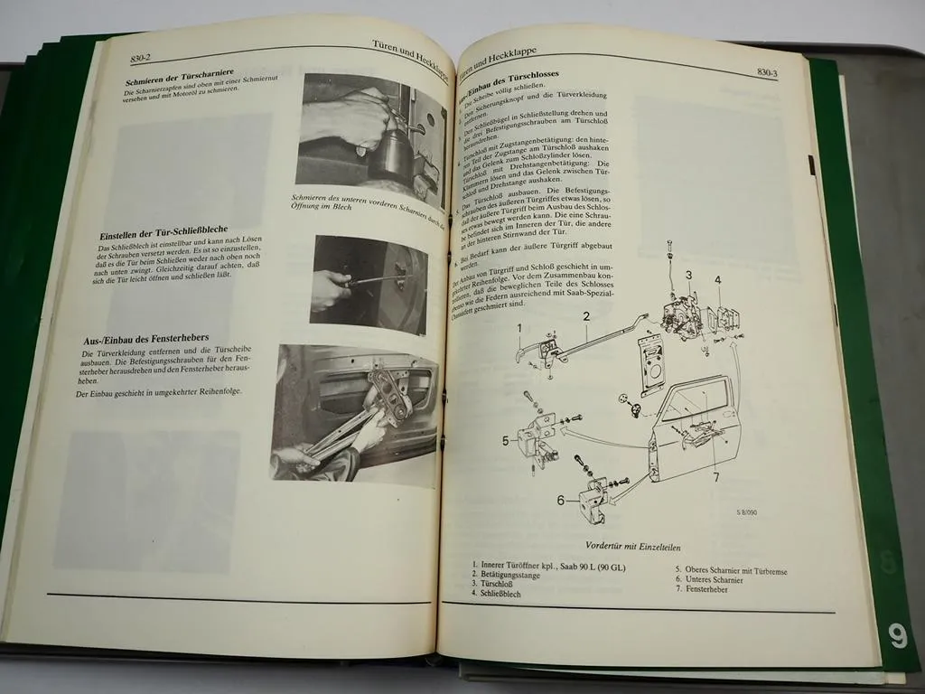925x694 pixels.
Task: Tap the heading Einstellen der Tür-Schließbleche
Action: pyautogui.click(x=164, y=236)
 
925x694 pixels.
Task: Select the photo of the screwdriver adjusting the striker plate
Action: pyautogui.click(x=369, y=285)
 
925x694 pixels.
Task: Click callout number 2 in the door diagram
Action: pyautogui.click(x=585, y=316)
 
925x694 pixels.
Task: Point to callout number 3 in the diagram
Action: pyautogui.click(x=687, y=276)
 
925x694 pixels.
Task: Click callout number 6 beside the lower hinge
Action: pyautogui.click(x=560, y=500)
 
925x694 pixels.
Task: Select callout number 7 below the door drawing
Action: pyautogui.click(x=715, y=477)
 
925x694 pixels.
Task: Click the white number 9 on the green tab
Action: pyautogui.click(x=896, y=637)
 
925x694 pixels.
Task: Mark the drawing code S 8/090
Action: pyautogui.click(x=751, y=513)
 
